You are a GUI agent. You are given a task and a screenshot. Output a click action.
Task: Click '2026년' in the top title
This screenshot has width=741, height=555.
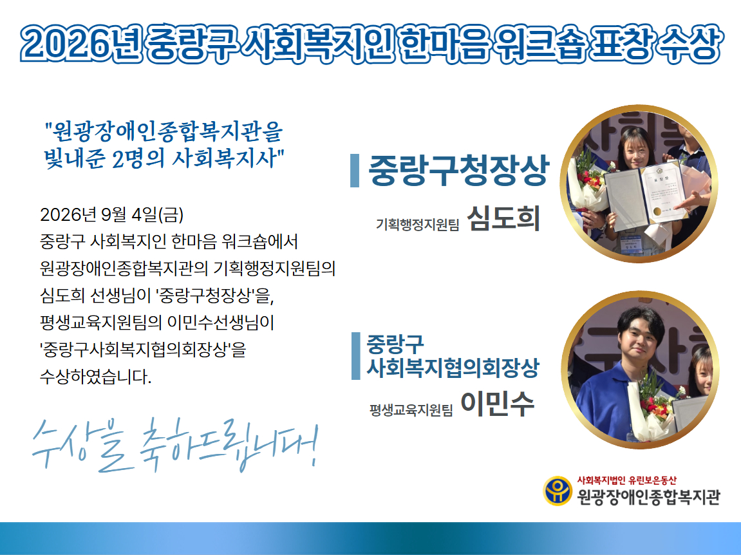pos(81,44)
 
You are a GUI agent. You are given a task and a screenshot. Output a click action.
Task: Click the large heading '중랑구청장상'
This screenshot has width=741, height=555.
pos(458,170)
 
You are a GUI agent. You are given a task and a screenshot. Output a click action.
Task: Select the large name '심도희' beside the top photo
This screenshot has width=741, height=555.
pos(503,218)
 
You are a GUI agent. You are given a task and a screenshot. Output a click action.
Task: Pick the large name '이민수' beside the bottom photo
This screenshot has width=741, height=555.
pos(498,404)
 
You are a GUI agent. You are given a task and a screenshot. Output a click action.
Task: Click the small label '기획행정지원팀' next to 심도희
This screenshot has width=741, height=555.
pos(417,224)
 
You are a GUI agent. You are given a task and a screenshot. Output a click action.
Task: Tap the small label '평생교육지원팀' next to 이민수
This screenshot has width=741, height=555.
pos(411,409)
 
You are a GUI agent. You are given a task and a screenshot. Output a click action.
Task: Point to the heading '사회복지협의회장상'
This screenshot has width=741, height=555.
pos(453,368)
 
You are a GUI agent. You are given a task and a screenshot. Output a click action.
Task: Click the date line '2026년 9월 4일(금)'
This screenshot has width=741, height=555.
pos(111,215)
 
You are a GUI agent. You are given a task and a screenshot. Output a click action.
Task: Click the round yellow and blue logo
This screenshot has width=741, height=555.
pos(558,491)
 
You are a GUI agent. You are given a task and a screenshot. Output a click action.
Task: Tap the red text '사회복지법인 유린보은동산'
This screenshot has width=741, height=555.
pos(626,480)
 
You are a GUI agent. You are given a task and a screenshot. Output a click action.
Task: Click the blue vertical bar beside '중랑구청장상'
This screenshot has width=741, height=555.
pos(355,171)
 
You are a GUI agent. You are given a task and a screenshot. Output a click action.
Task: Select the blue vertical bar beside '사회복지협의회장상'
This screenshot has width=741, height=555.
pos(356,356)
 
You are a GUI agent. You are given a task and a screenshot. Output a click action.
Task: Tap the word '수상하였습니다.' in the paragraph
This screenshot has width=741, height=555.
pos(95,377)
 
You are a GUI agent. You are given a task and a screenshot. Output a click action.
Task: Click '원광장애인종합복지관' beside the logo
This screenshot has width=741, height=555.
pos(648,497)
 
